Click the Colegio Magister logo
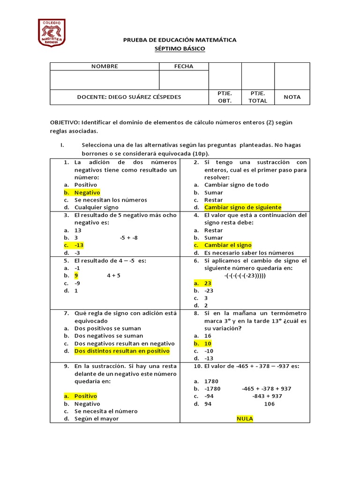[x=52, y=32]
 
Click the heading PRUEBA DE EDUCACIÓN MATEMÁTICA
[x=180, y=40]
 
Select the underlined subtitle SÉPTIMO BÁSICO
[x=180, y=49]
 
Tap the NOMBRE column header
[x=105, y=67]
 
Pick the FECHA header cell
[x=184, y=67]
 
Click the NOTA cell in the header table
[x=292, y=97]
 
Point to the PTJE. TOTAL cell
[x=258, y=97]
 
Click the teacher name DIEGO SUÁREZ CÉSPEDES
[x=145, y=97]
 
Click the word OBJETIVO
[x=65, y=122]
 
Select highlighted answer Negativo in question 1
[x=87, y=192]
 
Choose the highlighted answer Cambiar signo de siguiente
[x=243, y=207]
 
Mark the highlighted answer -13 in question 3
[x=79, y=245]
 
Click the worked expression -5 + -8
[x=129, y=238]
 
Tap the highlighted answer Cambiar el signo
[x=228, y=245]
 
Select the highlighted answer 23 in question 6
[x=208, y=283]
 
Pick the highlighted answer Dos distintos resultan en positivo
[x=122, y=351]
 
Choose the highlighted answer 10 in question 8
[x=208, y=344]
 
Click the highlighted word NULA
[x=245, y=419]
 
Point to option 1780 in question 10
[x=211, y=381]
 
